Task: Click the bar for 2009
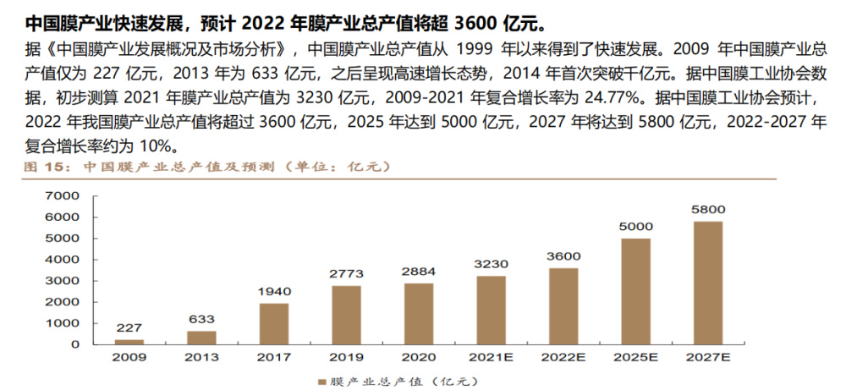pyautogui.click(x=129, y=341)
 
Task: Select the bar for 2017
pyautogui.click(x=273, y=323)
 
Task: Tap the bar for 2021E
pyautogui.click(x=492, y=310)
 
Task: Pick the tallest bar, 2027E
pyautogui.click(x=709, y=283)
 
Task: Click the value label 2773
pyautogui.click(x=346, y=273)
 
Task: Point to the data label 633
pyautogui.click(x=201, y=319)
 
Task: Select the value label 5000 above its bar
pyautogui.click(x=636, y=226)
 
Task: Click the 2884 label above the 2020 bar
pyautogui.click(x=419, y=272)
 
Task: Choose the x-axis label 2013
pyautogui.click(x=201, y=357)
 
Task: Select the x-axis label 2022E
pyautogui.click(x=564, y=357)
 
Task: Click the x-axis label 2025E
pyautogui.click(x=636, y=357)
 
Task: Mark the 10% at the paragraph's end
pyautogui.click(x=157, y=146)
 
